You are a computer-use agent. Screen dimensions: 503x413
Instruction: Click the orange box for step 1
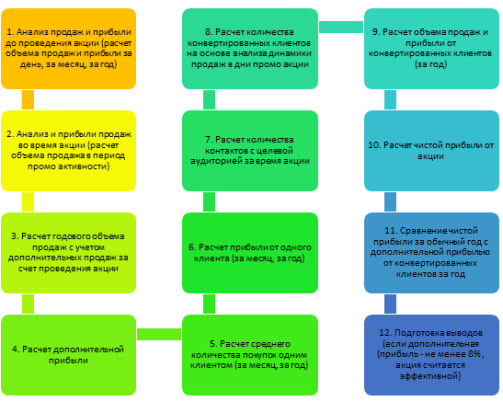coord(69,49)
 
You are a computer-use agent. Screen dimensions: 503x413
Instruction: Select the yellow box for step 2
coord(69,151)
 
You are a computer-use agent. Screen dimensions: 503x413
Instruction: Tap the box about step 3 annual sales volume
coord(69,253)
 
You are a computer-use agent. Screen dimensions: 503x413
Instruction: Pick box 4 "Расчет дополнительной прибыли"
coord(69,355)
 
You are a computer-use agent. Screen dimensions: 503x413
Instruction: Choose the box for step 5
coord(250,355)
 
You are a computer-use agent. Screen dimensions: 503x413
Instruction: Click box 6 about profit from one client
coord(250,253)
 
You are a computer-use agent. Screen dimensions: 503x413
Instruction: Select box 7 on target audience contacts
coord(250,151)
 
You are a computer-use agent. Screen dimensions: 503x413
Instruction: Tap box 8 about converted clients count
coord(250,49)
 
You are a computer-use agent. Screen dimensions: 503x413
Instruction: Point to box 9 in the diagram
coord(431,49)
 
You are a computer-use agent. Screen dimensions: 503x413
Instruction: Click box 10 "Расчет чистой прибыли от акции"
coord(431,151)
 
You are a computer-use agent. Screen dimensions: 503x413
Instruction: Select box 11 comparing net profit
coord(431,253)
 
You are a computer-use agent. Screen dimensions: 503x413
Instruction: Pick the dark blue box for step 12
coord(431,355)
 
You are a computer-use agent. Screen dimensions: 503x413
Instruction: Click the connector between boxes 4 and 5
coord(159,334)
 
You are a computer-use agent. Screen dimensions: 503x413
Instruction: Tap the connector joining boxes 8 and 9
coord(341,27)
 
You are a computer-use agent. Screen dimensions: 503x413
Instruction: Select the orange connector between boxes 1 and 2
coord(28,99)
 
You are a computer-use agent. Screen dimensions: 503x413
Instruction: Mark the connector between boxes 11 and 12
coord(391,304)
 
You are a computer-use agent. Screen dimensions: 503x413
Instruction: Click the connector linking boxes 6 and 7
coord(209,201)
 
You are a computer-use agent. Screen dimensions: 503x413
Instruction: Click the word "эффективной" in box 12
coord(430,376)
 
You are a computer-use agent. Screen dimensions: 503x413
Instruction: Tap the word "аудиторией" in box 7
coord(216,161)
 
